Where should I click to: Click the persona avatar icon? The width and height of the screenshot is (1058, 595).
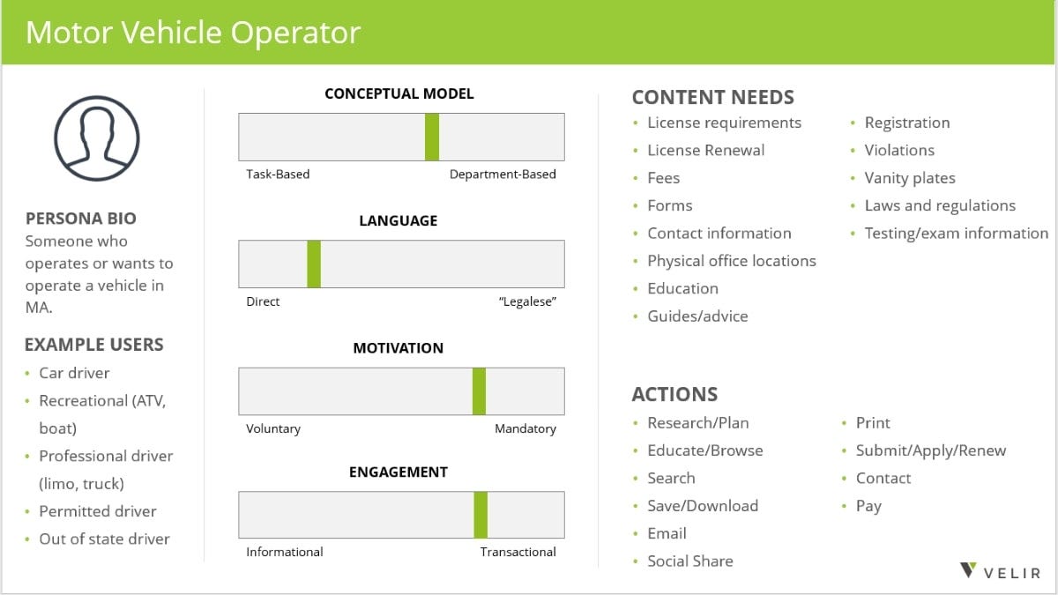[x=97, y=138]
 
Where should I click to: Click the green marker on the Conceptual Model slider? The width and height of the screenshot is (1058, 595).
[x=432, y=137]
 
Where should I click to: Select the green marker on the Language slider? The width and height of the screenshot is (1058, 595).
[x=314, y=264]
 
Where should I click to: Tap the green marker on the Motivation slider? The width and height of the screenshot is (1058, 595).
[x=479, y=391]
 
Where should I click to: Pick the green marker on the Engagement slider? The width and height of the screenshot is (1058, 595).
[x=481, y=515]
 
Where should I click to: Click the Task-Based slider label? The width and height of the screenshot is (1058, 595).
[x=278, y=175]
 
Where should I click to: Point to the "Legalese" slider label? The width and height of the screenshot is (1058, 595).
[x=527, y=301]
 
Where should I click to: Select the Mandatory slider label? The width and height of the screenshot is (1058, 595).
[x=525, y=428]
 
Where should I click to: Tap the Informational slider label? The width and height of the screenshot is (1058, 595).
[x=284, y=552]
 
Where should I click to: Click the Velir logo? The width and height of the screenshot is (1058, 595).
[x=1000, y=571]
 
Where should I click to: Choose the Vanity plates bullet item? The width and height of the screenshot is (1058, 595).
[x=910, y=178]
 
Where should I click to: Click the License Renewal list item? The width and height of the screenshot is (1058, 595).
[x=705, y=150]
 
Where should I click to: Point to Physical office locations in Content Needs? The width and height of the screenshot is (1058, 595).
[x=732, y=261]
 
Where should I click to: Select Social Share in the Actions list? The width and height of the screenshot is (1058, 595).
[x=690, y=561]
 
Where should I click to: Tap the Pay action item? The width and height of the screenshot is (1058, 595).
[x=868, y=506]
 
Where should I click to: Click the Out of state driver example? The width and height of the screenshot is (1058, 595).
[x=104, y=539]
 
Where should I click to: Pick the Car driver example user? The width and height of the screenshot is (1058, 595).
[x=74, y=373]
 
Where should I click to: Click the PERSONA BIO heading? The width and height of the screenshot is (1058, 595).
[x=81, y=219]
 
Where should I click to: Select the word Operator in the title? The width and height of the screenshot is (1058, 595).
[x=295, y=33]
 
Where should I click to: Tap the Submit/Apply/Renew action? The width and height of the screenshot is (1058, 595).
[x=931, y=451]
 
